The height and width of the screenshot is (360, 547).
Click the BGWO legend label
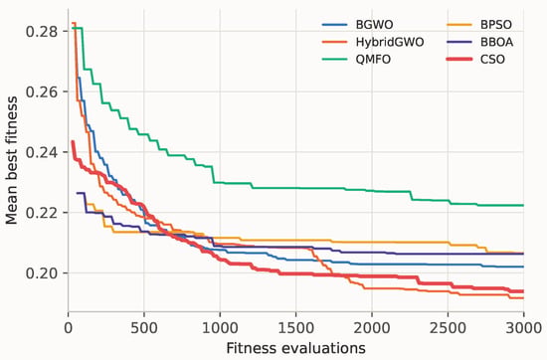[374, 25]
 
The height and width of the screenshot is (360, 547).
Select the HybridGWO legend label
[390, 42]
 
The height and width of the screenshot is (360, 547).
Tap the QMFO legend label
[373, 60]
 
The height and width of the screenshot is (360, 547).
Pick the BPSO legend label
[496, 25]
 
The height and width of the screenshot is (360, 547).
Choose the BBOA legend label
[496, 42]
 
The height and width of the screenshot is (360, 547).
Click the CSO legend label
[492, 60]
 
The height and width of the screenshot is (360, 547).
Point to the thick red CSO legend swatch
[459, 60]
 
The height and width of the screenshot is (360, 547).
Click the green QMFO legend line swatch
[334, 60]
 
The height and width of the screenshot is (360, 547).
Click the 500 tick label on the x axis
[144, 328]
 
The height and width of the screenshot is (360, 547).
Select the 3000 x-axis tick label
[523, 328]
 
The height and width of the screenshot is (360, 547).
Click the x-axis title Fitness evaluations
[295, 348]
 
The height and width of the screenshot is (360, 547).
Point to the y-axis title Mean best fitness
[12, 160]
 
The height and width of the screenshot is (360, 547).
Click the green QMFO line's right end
[523, 205]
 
